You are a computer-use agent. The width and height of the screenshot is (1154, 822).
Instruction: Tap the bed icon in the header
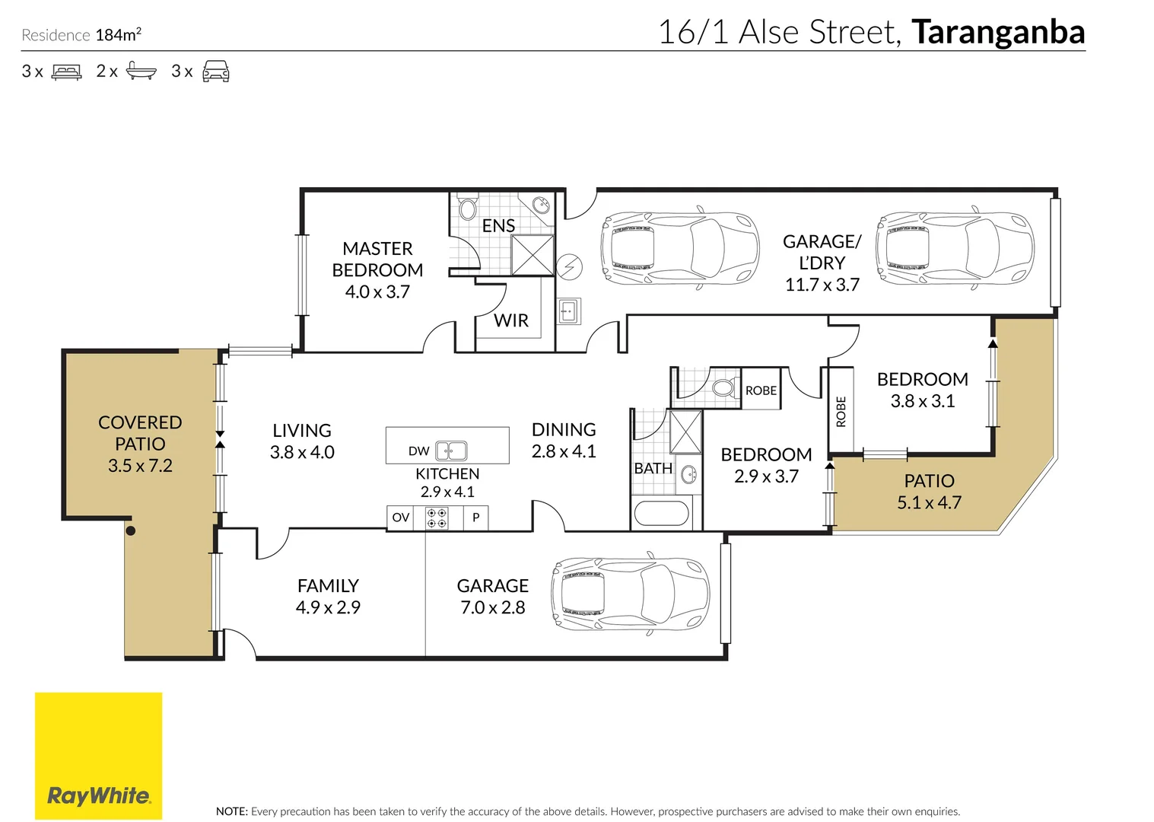(66, 72)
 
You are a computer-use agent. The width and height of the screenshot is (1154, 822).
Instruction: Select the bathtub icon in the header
(141, 72)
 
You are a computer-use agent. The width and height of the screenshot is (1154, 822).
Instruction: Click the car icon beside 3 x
(216, 72)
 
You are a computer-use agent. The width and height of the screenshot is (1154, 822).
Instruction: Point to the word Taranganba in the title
(998, 33)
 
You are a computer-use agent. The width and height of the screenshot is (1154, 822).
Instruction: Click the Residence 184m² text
(81, 35)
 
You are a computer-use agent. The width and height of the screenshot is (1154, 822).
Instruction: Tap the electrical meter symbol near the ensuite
(569, 266)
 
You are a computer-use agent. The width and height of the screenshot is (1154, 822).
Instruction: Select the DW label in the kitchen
(418, 451)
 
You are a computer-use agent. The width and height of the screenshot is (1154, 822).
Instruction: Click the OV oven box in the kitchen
(401, 518)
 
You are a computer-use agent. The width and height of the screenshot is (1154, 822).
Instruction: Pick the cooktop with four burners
(437, 518)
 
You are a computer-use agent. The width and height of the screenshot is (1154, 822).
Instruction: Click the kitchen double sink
(451, 451)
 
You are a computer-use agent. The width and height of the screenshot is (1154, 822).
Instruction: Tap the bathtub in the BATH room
(661, 513)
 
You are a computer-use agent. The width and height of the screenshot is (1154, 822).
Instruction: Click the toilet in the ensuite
(466, 208)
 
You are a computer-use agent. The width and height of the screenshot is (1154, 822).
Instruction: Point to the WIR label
(511, 320)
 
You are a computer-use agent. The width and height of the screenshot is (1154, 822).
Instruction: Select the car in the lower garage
(631, 594)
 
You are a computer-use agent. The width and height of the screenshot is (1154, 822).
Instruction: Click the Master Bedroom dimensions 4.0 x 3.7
(377, 292)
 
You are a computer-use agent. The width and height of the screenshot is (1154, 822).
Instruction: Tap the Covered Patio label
(140, 433)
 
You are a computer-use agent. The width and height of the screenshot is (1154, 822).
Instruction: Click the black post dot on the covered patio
(130, 530)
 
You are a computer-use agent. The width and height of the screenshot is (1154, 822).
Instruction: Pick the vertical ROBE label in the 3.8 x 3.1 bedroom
(841, 411)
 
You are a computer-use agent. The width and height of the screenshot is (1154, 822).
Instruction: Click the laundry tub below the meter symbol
(568, 311)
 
